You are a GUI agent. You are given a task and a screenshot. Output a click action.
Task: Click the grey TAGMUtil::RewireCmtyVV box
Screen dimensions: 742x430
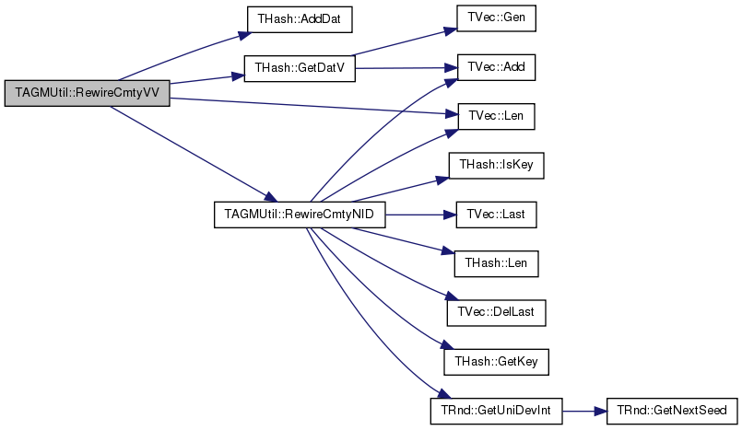[87, 93]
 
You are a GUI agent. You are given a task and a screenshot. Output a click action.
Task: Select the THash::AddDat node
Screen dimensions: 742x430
[300, 19]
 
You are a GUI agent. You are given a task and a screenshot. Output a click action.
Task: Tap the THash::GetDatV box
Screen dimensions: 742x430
[300, 68]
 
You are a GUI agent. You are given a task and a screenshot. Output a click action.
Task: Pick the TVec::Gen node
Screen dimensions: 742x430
[496, 18]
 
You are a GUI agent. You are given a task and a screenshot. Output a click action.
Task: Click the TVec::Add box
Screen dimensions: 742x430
[496, 67]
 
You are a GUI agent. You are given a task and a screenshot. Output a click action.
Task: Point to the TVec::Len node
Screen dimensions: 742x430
[496, 116]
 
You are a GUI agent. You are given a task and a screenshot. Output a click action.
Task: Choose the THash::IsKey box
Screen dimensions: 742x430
[497, 166]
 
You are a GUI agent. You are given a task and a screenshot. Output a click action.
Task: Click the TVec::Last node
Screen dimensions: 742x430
[497, 215]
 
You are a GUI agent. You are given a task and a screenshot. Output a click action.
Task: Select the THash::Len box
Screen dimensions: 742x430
[497, 263]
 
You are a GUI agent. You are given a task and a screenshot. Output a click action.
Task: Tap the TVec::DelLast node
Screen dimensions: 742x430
[497, 313]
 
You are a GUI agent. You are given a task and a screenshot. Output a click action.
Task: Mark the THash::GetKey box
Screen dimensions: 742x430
[497, 363]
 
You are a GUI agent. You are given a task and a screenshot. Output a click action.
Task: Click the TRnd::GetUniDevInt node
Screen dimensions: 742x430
[497, 411]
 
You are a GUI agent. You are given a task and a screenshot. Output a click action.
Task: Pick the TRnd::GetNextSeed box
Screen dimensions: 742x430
[673, 411]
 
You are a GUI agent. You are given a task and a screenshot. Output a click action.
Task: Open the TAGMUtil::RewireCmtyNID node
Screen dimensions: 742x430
[300, 215]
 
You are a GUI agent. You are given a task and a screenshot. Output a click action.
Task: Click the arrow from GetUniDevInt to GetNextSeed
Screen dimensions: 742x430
[585, 411]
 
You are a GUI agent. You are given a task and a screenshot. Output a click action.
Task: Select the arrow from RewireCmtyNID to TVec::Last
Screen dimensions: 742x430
[421, 215]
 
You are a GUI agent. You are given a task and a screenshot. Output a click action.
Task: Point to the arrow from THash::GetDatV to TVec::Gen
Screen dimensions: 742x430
[404, 42]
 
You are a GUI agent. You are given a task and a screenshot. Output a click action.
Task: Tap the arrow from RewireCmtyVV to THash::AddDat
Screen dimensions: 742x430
[183, 55]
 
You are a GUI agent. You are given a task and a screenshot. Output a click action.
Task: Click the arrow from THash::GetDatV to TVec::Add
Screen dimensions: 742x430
[406, 68]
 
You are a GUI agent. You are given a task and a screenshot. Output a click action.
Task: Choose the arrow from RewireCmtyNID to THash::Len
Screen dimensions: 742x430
[404, 241]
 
